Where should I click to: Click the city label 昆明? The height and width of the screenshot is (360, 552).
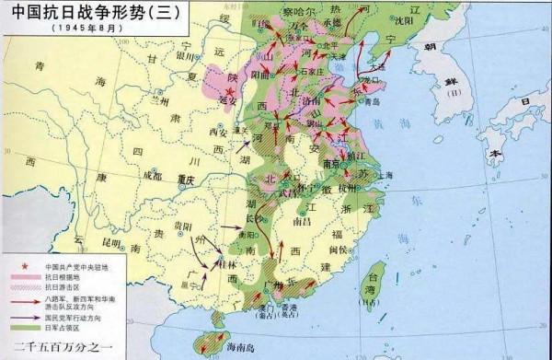[x=112, y=242]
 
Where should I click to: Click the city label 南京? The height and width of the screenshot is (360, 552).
[x=345, y=168]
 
